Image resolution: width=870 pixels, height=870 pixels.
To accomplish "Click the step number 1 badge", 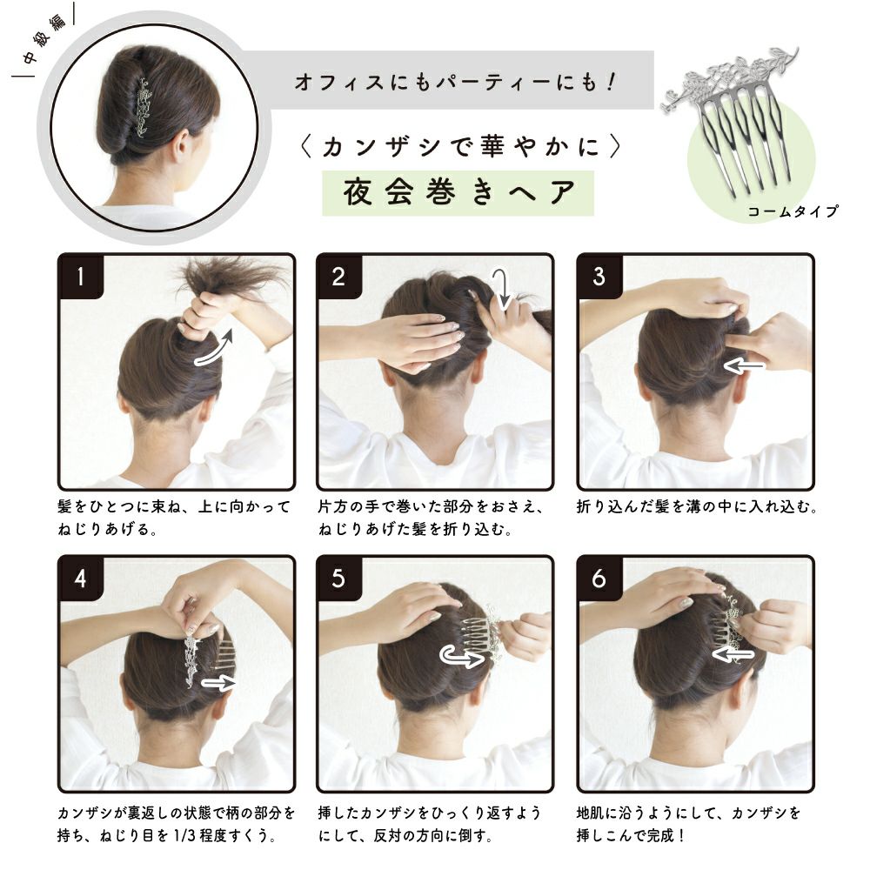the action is [81, 277].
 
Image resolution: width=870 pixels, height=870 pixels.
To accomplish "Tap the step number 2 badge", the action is [339, 277].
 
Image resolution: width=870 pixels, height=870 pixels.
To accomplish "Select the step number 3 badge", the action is [599, 277].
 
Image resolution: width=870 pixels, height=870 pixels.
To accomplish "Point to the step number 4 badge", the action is [81, 579].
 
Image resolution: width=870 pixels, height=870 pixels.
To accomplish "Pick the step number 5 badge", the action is [339, 579].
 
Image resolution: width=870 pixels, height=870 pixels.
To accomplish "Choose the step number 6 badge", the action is [599, 579].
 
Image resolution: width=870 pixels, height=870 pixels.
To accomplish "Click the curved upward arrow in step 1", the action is [215, 351].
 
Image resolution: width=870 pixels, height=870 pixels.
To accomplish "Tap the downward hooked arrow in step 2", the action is [503, 289].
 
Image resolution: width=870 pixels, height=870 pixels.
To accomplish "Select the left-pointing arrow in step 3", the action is [744, 366].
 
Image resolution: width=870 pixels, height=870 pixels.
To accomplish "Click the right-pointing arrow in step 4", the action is [219, 682].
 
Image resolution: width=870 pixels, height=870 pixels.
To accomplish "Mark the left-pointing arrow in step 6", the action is [733, 655].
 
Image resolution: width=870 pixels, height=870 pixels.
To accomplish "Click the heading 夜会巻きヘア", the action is [458, 192].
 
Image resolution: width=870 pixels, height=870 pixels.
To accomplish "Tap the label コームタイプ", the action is [793, 211].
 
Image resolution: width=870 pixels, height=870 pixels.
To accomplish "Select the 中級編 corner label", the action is [44, 41].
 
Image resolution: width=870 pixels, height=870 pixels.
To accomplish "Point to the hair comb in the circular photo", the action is [144, 107].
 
